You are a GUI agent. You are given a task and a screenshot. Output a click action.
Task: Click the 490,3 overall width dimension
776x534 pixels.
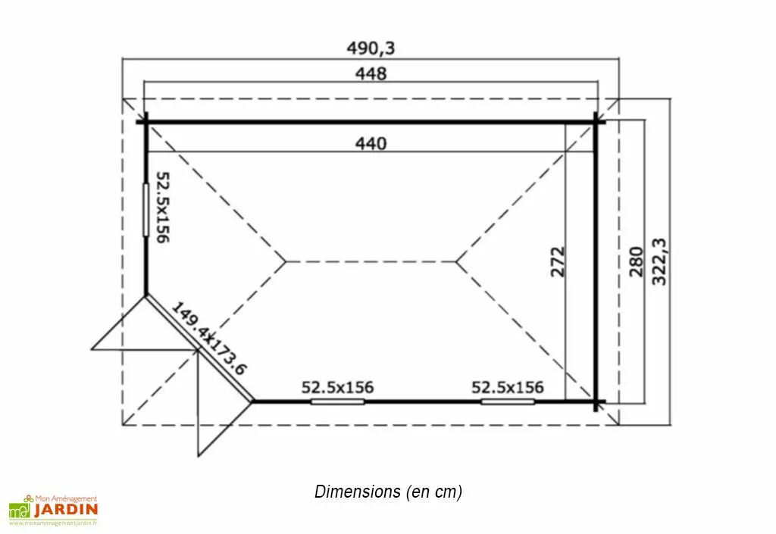(371, 48)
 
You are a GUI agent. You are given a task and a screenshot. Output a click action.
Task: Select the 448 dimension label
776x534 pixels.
(371, 73)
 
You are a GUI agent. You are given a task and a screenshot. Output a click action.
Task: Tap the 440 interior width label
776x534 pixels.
(371, 143)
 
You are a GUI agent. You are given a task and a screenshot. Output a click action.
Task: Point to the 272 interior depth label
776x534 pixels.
(557, 261)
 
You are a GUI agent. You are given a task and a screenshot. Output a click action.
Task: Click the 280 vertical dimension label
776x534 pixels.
(636, 261)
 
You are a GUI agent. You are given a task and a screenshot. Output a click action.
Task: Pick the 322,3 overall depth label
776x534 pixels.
(659, 261)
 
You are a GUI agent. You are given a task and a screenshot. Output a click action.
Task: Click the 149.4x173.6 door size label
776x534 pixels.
(209, 339)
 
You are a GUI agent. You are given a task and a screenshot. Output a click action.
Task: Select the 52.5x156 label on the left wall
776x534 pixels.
(163, 208)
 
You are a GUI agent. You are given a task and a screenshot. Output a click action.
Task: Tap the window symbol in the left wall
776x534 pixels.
(146, 210)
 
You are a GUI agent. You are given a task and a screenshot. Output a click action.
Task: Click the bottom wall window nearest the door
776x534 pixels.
(337, 401)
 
